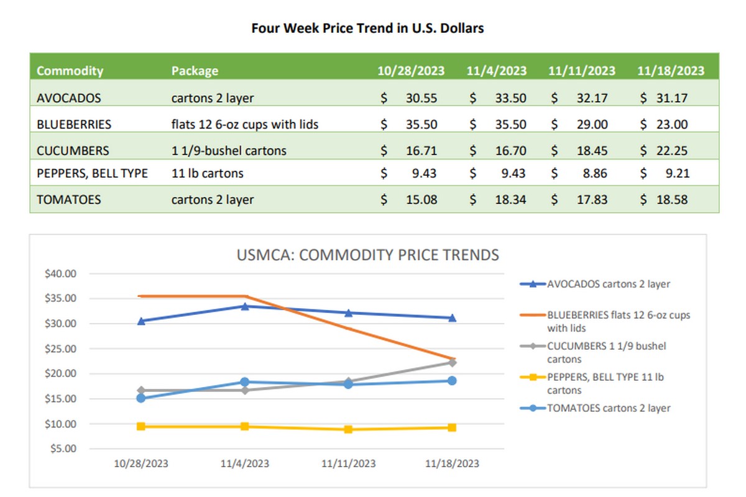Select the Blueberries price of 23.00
(x=672, y=124)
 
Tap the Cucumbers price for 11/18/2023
(x=672, y=150)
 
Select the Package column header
(x=195, y=70)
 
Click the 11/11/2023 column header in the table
(x=582, y=70)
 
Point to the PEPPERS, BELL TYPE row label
(x=92, y=173)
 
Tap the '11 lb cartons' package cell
(x=208, y=173)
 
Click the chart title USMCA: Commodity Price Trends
(x=368, y=255)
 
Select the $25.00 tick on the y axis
(x=61, y=349)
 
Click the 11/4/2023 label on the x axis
(x=245, y=463)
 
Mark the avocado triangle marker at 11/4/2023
(x=245, y=306)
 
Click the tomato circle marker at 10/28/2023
(x=141, y=398)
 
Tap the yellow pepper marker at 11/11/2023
(x=348, y=429)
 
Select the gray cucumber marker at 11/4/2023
(x=245, y=390)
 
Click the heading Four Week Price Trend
(x=367, y=28)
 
